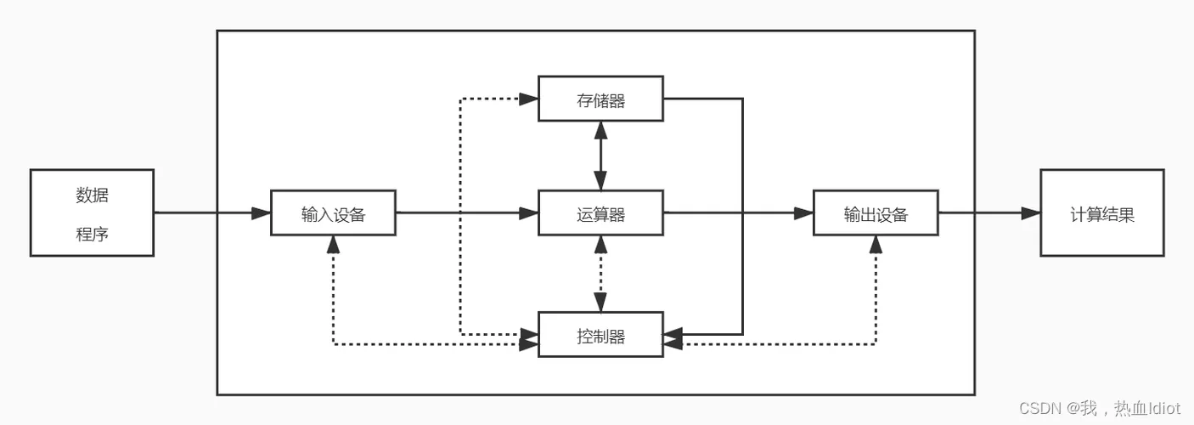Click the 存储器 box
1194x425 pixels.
click(600, 99)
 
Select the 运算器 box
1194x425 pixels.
click(600, 213)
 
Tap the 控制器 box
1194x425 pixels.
click(600, 336)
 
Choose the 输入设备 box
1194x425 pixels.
click(333, 213)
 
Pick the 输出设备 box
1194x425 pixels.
click(876, 213)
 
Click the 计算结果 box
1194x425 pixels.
click(1101, 213)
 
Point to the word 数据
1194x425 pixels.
click(92, 195)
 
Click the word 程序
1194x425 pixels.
click(92, 234)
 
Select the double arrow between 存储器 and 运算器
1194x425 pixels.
click(600, 156)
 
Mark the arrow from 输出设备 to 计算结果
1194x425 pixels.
click(988, 212)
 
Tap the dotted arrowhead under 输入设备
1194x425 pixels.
click(333, 245)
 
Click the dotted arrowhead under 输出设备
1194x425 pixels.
click(876, 245)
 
